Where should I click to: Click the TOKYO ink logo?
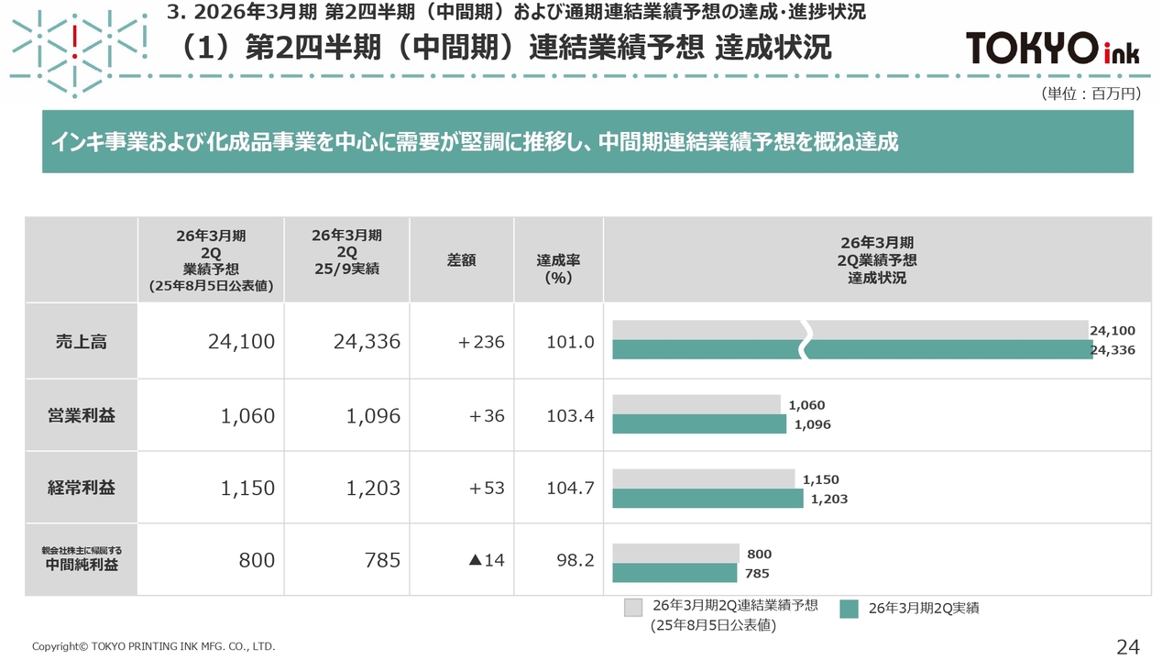point(1053,48)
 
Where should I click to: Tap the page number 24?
point(1128,646)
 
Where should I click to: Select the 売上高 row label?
point(82,341)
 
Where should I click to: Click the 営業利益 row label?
point(82,415)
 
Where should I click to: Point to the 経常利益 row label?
point(82,488)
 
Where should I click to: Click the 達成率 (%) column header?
point(558,269)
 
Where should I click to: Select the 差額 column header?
point(461,260)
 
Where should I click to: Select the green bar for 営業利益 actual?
point(698,424)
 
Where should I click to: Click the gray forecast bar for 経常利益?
point(703,478)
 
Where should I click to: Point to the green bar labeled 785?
point(674,573)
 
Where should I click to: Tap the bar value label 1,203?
point(828,500)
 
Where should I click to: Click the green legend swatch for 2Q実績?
point(849,608)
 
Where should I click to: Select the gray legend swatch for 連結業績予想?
point(633,607)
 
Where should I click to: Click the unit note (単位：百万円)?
point(1091,93)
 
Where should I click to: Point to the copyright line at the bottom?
point(153,646)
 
